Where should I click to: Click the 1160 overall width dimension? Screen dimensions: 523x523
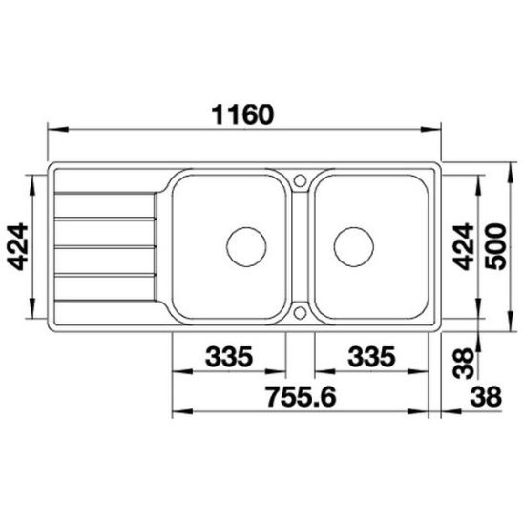click(242, 115)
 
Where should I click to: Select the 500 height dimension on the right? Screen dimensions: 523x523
click(495, 246)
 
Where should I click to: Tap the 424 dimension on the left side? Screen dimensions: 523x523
click(17, 246)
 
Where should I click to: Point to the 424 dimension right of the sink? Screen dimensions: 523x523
click(464, 246)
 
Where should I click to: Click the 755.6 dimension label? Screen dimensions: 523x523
click(302, 397)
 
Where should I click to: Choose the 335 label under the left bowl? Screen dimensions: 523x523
click(229, 357)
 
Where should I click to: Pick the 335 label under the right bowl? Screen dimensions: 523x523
click(371, 357)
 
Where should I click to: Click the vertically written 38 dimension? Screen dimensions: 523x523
click(464, 364)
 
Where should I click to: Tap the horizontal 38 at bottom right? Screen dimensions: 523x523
click(486, 397)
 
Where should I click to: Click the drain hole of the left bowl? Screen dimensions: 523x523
click(246, 247)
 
